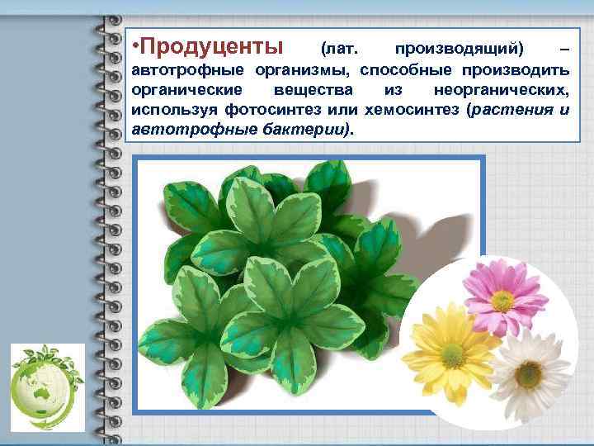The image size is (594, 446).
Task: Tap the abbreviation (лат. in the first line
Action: click(x=339, y=44)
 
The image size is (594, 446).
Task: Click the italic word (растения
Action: click(x=505, y=110)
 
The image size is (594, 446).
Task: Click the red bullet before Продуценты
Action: click(x=136, y=43)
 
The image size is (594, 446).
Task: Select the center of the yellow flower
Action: click(x=451, y=355)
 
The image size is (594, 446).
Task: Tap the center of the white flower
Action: click(x=528, y=374)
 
